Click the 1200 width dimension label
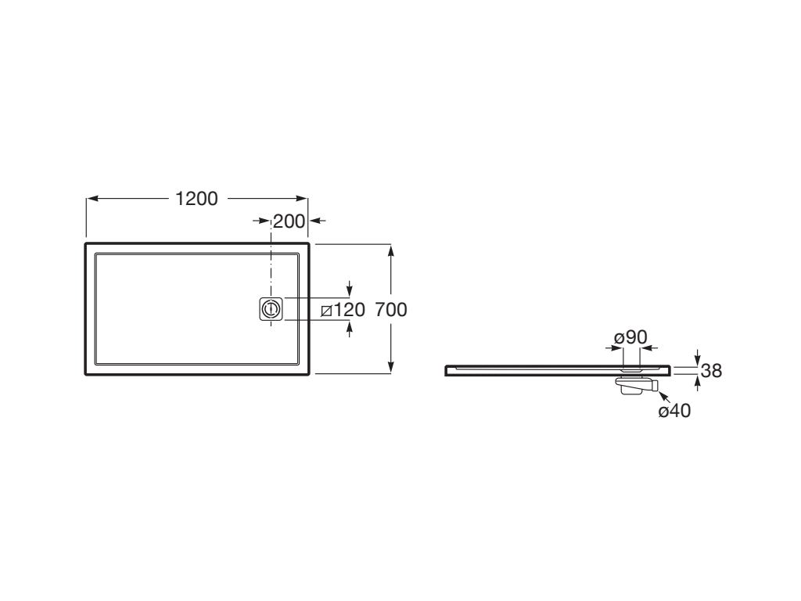click(x=196, y=198)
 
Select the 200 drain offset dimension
click(x=289, y=221)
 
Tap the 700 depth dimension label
click(x=391, y=310)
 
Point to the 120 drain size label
click(x=350, y=310)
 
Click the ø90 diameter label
click(x=631, y=337)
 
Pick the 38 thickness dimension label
click(x=711, y=370)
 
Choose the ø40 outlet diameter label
click(x=674, y=410)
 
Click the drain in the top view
click(x=270, y=309)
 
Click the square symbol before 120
click(x=327, y=310)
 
